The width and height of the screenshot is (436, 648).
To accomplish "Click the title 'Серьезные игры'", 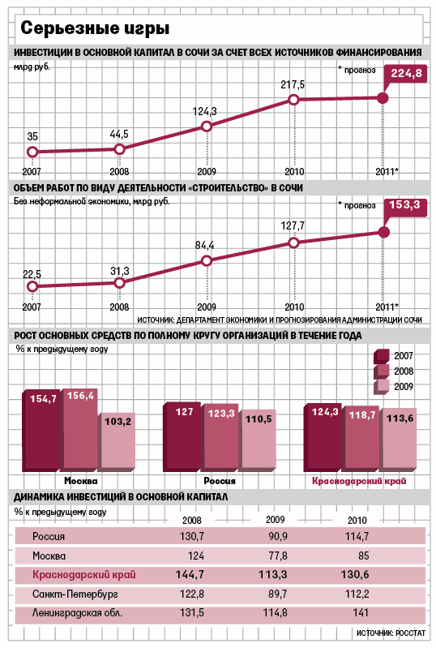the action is tap(95, 28).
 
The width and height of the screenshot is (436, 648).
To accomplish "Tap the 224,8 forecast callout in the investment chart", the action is tap(406, 74).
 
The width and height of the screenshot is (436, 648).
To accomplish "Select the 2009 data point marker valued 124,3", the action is tap(207, 126).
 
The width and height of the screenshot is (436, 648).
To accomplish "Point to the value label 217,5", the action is tap(293, 84).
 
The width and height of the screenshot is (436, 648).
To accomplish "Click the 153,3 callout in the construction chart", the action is tap(405, 206).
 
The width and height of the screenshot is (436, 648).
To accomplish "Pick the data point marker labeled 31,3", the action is tap(119, 283).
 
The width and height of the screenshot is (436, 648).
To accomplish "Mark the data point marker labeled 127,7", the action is tap(293, 243).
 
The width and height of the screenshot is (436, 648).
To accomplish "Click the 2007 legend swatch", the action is tap(382, 356).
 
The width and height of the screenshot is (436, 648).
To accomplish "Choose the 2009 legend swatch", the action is tap(382, 387).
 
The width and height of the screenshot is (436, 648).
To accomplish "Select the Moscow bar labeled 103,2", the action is tap(117, 442).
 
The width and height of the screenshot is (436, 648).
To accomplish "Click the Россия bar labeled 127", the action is tap(183, 437).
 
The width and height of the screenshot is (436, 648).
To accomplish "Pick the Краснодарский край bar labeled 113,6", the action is tap(399, 440).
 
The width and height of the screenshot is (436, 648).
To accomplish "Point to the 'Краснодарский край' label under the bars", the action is tap(359, 481).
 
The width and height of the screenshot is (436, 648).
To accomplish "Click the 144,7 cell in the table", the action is tap(190, 574).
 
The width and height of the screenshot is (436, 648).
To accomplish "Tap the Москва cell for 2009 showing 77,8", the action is tap(278, 556).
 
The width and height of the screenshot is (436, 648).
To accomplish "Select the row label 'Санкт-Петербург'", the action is tap(75, 594).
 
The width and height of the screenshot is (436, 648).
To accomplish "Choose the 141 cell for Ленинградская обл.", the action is tap(361, 612).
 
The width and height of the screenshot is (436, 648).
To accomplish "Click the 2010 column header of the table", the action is tap(357, 520).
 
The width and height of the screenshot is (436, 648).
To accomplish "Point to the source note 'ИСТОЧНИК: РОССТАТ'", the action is tap(391, 633).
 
